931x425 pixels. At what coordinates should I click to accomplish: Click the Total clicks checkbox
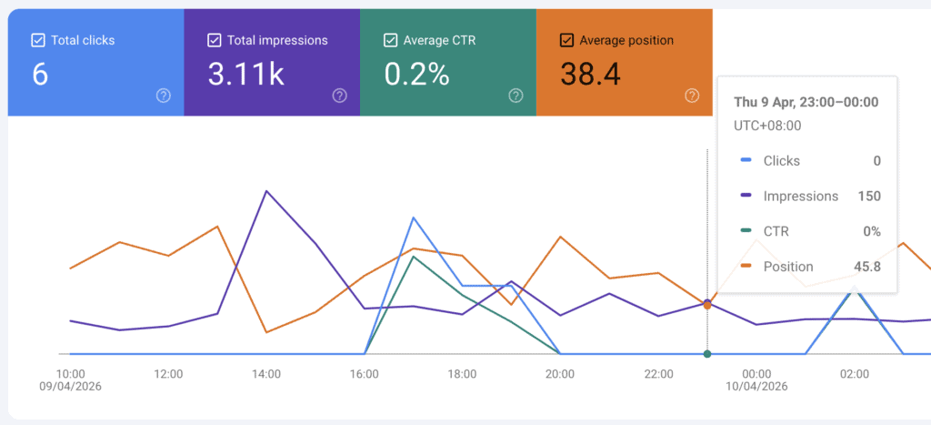[x=37, y=40]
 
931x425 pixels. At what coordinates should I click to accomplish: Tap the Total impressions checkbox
[x=214, y=40]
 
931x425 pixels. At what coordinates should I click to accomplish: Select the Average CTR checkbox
[x=390, y=40]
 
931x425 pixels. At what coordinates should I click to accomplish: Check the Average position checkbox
[x=566, y=40]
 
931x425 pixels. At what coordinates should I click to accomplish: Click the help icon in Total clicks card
[x=163, y=96]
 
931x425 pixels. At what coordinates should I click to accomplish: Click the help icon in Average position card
[x=692, y=96]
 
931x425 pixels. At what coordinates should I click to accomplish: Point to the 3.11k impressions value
[x=245, y=75]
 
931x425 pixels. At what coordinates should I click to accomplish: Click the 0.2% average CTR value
[x=416, y=75]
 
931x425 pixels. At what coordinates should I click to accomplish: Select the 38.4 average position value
[x=590, y=75]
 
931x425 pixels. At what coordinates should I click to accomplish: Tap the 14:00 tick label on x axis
[x=266, y=373]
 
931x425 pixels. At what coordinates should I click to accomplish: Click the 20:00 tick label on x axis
[x=560, y=373]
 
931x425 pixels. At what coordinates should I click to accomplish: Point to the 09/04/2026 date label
[x=71, y=387]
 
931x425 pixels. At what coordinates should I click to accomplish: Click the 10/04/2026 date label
[x=756, y=387]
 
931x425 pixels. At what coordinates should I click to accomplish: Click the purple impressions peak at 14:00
[x=265, y=191]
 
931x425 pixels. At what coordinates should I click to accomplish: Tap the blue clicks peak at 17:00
[x=414, y=218]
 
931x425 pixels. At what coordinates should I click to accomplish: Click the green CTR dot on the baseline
[x=707, y=354]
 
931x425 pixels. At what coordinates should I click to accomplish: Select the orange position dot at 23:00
[x=707, y=305]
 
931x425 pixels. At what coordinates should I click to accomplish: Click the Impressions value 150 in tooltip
[x=868, y=196]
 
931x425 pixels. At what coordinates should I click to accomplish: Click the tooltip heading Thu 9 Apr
[x=806, y=102]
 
